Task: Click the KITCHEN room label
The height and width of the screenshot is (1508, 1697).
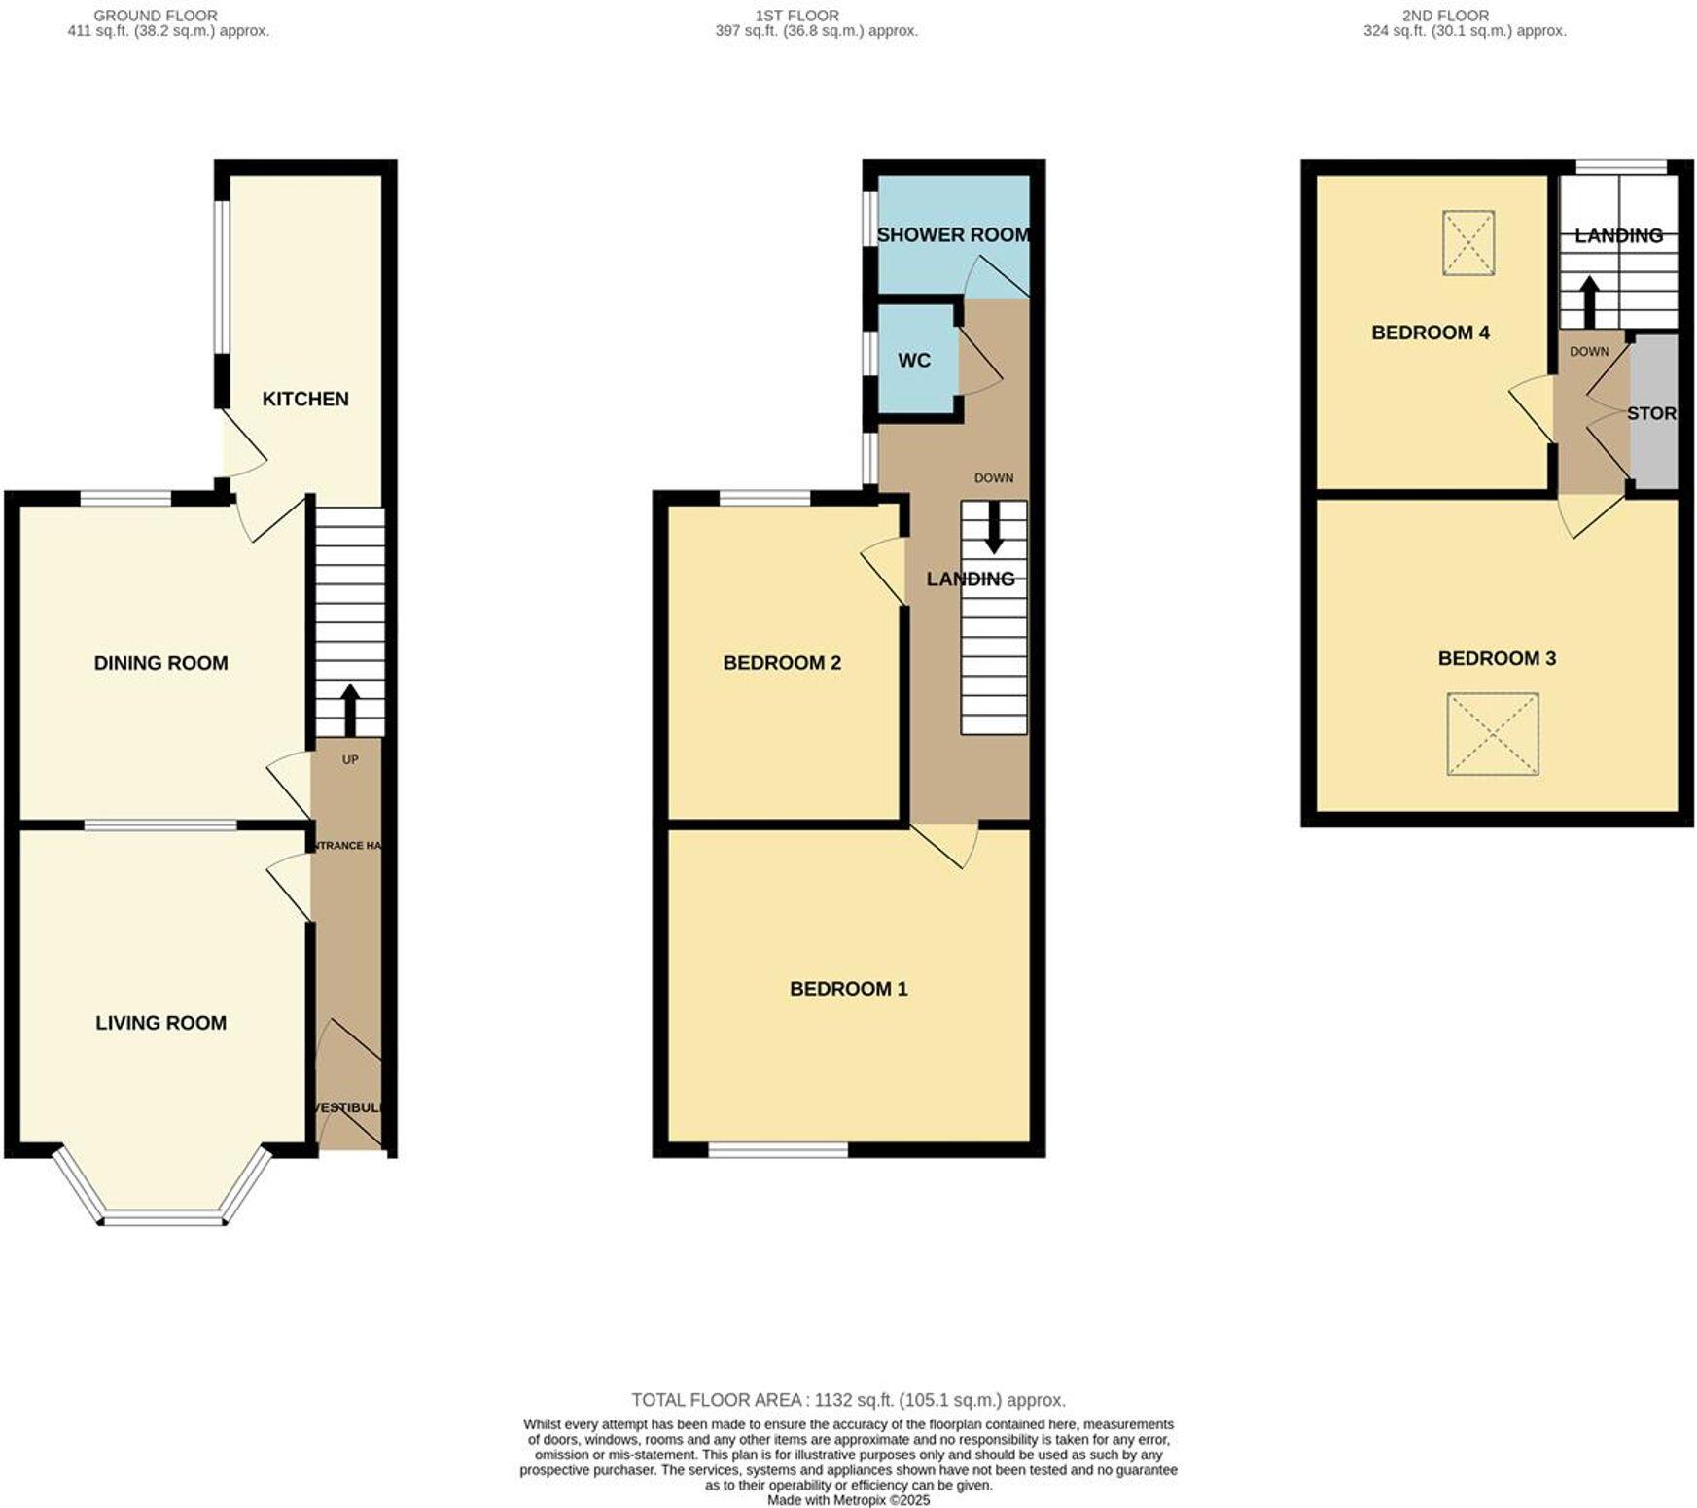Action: tap(304, 399)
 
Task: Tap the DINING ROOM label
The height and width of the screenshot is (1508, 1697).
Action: tap(160, 663)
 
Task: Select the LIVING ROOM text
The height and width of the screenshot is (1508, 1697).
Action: tap(160, 1023)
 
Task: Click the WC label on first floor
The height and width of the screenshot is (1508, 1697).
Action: tap(913, 361)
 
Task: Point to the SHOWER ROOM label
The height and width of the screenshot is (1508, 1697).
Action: tap(953, 234)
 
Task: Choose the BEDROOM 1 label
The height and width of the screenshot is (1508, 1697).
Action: tap(848, 989)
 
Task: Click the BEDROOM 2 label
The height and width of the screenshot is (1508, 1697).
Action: tap(781, 663)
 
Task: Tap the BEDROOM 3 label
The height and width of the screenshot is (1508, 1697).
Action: tap(1497, 658)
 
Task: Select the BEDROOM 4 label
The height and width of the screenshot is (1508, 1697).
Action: tap(1430, 333)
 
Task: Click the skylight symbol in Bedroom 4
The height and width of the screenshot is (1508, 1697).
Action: tap(1467, 243)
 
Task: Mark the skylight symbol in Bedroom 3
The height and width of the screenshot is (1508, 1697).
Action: tap(1492, 734)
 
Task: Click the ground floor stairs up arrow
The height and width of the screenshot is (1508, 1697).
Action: tap(349, 708)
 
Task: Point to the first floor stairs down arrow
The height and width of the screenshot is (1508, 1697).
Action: tap(993, 527)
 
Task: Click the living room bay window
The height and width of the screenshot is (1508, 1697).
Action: tap(162, 1215)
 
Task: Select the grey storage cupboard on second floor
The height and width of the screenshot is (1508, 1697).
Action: tap(1653, 412)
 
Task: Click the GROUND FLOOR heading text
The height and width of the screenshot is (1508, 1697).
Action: tap(156, 16)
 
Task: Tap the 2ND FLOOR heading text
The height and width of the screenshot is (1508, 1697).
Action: tap(1445, 16)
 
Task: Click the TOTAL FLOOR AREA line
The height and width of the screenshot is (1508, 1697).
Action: tap(848, 1400)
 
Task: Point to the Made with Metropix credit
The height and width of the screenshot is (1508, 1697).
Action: tap(848, 1500)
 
